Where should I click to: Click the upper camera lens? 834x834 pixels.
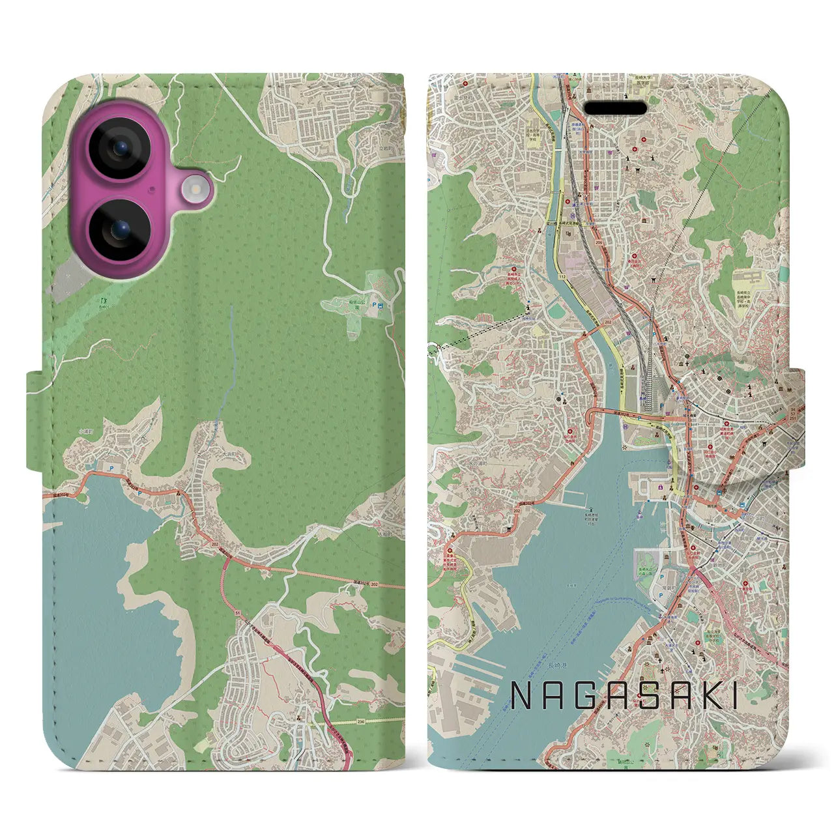[119, 148]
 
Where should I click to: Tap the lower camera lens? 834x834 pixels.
[119, 229]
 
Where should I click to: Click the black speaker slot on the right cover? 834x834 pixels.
[614, 108]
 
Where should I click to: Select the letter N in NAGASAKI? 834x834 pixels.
[521, 696]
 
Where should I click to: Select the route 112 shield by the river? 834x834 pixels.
[562, 276]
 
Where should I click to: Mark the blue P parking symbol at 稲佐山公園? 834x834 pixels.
[373, 304]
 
